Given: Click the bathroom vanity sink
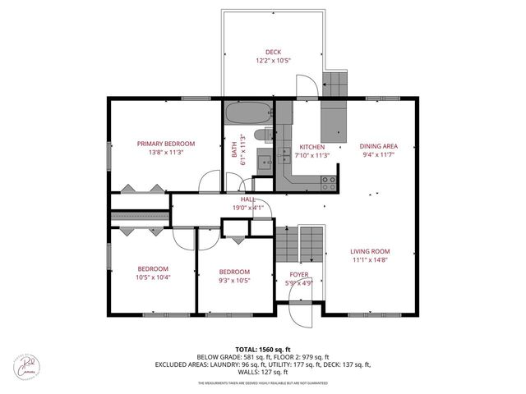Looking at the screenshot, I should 265,161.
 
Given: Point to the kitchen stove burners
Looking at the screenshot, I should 329,180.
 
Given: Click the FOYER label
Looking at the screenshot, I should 298,275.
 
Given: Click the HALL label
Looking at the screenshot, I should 247,199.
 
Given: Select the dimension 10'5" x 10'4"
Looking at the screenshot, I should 153,277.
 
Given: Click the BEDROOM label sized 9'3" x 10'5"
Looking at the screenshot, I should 234,272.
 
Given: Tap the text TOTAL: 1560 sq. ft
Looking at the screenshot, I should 263,350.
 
